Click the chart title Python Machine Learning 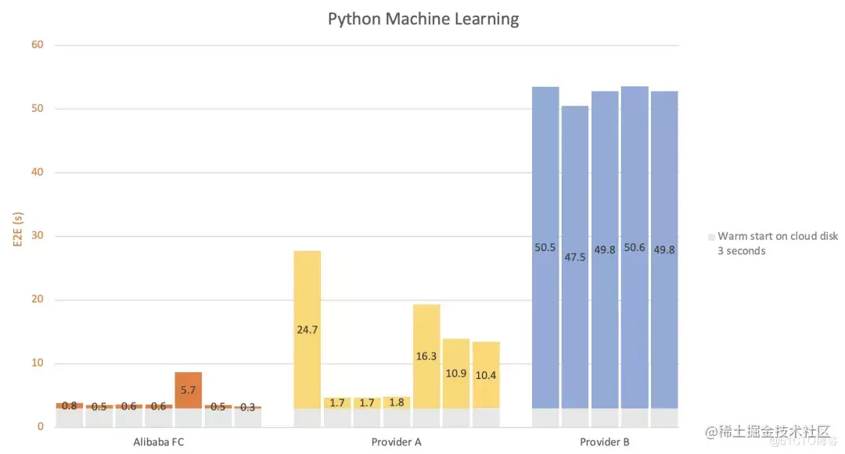click(x=422, y=19)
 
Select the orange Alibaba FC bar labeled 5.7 click(x=188, y=389)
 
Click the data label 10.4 click(x=486, y=375)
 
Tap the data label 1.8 click(x=397, y=403)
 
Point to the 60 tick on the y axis click(x=38, y=45)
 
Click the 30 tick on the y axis click(x=38, y=236)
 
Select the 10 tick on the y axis click(x=38, y=363)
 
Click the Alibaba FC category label click(x=159, y=442)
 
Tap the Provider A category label click(x=397, y=442)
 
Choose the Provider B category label click(x=605, y=442)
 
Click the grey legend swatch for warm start click(x=711, y=237)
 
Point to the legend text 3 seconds click(x=741, y=251)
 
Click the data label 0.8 click(x=69, y=406)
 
